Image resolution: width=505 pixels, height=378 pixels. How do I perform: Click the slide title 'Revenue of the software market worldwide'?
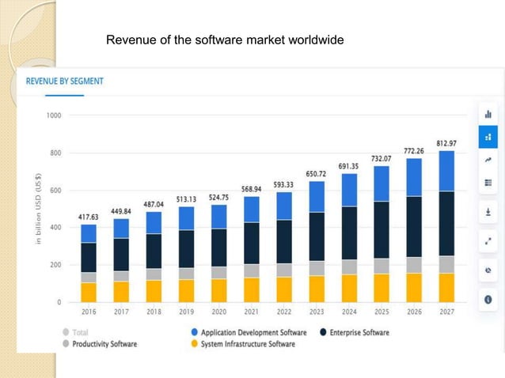(x=225, y=40)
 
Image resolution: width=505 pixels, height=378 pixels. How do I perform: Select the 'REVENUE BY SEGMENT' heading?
(x=65, y=81)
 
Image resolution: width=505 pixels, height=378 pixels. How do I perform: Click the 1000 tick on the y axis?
(x=54, y=115)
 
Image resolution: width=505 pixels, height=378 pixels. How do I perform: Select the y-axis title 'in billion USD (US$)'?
(x=38, y=209)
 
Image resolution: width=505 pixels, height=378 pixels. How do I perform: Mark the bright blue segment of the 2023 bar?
(x=316, y=197)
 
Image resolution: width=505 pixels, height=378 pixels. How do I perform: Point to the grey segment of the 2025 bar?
(x=382, y=266)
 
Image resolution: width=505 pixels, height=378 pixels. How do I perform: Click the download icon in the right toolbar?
(x=488, y=213)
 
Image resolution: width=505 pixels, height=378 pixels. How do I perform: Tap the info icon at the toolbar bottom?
(x=488, y=300)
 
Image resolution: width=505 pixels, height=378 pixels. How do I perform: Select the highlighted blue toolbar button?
(x=488, y=137)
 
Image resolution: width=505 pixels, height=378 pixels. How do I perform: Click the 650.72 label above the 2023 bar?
(x=317, y=173)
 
